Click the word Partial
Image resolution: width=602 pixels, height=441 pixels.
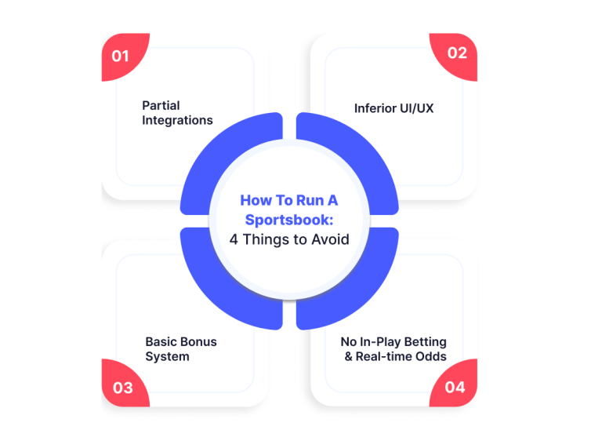point(161,105)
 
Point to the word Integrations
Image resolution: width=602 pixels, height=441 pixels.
point(177,120)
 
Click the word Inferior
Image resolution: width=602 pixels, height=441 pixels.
point(375,108)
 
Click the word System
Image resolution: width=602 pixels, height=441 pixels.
point(168,356)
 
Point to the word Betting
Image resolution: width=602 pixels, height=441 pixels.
point(426,342)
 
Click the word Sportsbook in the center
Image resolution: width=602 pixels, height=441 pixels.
point(289,220)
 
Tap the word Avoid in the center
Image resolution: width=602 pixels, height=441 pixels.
point(330,239)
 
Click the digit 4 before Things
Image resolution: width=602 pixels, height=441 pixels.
point(234,239)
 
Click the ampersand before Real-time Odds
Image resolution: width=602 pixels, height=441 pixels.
point(349,356)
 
